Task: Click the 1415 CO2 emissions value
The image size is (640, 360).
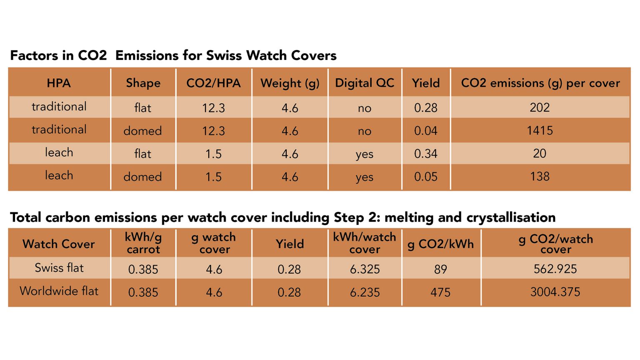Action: coord(540,130)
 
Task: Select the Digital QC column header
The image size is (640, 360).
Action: coord(365,83)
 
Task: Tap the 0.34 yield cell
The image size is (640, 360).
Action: coord(425,154)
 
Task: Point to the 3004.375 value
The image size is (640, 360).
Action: coord(555,292)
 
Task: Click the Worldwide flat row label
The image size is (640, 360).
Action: coord(59,291)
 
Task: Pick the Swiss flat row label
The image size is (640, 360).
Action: coord(59,268)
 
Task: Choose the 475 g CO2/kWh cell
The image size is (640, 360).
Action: coord(440,292)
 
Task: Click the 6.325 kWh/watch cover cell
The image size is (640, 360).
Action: coord(365,269)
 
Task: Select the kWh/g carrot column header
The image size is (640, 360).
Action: coord(143,243)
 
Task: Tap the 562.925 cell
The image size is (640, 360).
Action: coord(555,269)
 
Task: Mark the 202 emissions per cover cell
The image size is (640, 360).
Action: coord(540,107)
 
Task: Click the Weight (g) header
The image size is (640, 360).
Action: coord(290,83)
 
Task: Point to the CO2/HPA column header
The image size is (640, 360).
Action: coord(213,83)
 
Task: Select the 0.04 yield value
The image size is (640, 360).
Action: coord(425,131)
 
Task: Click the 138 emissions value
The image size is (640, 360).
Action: coord(540,176)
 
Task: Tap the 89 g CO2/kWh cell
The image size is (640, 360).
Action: coord(440,269)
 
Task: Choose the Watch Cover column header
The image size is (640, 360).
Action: coord(59,244)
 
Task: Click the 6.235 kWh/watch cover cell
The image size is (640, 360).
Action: coord(365,292)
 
